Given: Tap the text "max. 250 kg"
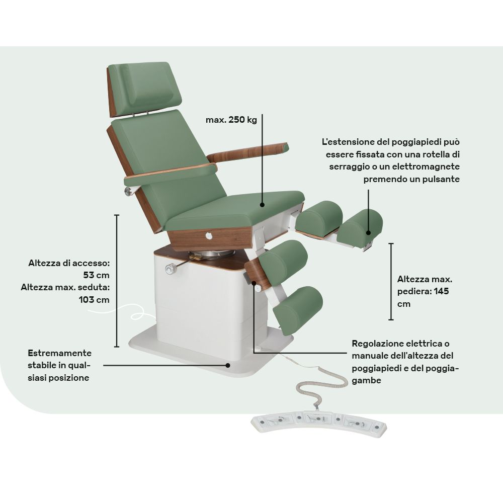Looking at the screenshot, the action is click(x=231, y=120).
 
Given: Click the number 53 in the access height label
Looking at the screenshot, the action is click(x=89, y=275).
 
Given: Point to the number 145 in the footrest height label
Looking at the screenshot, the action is click(x=441, y=291).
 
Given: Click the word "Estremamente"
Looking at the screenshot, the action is click(x=60, y=353).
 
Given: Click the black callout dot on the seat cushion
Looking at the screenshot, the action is click(x=262, y=205).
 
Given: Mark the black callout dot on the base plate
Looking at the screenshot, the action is click(x=228, y=365).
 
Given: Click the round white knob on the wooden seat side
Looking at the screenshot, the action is click(x=209, y=236).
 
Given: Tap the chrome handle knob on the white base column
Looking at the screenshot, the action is click(x=171, y=269).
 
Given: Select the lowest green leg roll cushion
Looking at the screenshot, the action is click(x=298, y=310).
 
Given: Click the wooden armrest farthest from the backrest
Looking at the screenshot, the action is click(x=248, y=152).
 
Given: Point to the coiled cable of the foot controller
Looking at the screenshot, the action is click(x=321, y=382).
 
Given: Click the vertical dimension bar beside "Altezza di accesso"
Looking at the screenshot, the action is click(x=117, y=281).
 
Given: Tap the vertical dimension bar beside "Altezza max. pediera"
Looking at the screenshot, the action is click(x=391, y=282).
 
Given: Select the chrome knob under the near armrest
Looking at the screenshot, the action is click(x=128, y=192).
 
